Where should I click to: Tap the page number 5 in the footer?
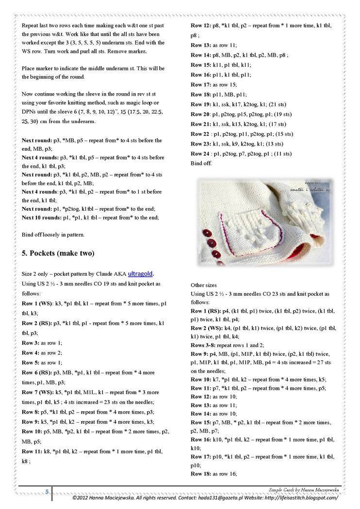[47, 492]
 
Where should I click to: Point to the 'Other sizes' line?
[203, 285]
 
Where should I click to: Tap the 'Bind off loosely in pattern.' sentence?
[53, 235]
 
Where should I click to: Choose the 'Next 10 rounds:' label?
[41, 218]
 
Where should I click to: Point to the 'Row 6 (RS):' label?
[37, 372]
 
